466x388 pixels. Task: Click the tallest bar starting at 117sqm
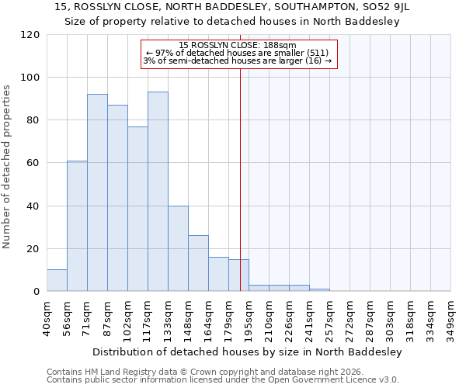click(x=158, y=192)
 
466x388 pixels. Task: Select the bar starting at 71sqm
click(x=97, y=192)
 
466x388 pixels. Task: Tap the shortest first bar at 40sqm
click(x=57, y=280)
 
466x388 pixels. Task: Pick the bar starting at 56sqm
click(x=77, y=226)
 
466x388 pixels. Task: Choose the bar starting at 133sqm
click(x=178, y=248)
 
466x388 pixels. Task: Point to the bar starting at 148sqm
click(x=198, y=263)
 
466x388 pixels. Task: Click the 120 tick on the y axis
click(x=30, y=35)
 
